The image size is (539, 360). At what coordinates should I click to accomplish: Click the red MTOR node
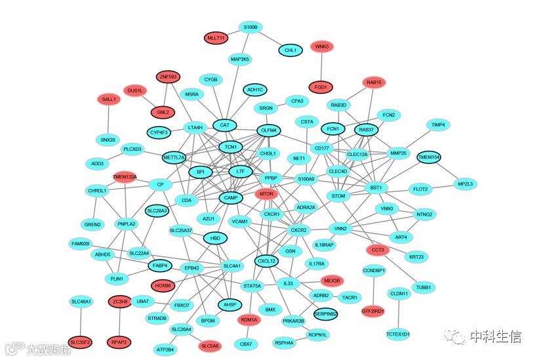(266, 194)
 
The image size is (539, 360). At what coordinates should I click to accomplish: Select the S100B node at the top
(250, 28)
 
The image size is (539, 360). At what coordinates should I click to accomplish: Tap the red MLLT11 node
(216, 38)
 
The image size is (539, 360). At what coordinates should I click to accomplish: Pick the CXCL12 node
(267, 261)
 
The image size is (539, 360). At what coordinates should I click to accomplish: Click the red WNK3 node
(321, 47)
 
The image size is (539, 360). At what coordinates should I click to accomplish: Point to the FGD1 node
(321, 87)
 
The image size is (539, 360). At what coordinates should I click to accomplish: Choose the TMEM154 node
(429, 157)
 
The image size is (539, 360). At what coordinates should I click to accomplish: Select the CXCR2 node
(299, 230)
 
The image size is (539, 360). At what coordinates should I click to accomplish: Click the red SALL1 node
(108, 99)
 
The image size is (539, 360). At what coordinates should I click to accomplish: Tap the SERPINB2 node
(325, 314)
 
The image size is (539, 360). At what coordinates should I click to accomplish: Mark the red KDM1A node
(250, 320)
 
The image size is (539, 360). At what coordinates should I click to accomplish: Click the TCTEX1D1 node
(397, 334)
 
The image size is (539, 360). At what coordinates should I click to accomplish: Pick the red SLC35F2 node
(81, 342)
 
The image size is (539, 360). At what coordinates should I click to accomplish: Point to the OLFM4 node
(269, 130)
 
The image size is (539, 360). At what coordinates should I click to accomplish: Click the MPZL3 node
(466, 184)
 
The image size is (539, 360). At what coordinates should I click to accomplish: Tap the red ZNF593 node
(168, 77)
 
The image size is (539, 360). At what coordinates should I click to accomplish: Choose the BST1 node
(376, 188)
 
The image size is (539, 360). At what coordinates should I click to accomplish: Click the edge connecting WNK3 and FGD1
(321, 66)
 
